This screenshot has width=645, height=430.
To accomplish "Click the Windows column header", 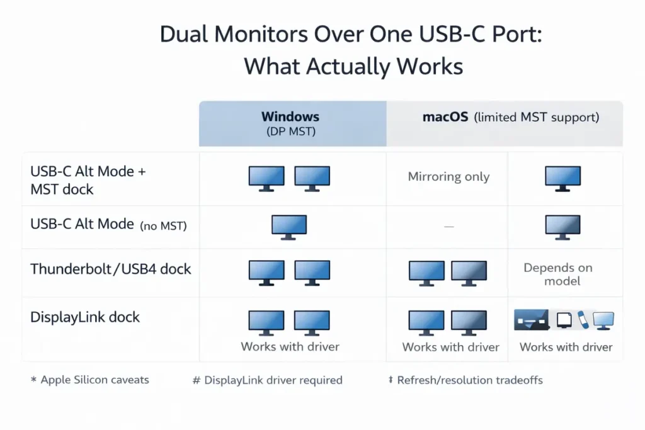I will point(290,117).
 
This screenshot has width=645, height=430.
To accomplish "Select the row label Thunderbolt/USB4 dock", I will point(111,269).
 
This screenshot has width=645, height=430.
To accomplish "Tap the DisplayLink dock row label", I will point(85,317).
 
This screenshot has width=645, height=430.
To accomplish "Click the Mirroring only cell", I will point(448,177).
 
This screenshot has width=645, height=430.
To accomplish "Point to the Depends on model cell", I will point(558,274).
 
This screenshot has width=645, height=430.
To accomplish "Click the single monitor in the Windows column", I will point(289,226).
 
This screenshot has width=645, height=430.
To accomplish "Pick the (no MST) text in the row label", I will point(163,225).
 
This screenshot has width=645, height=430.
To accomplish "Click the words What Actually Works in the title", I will point(353,66).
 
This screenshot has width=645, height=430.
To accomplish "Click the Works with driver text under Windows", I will point(290,346).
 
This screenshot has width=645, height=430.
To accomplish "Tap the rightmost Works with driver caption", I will point(566,347).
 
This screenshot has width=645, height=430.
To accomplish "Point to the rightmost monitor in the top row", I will point(562,178).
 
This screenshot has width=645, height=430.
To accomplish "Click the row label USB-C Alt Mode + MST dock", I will point(88,179).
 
